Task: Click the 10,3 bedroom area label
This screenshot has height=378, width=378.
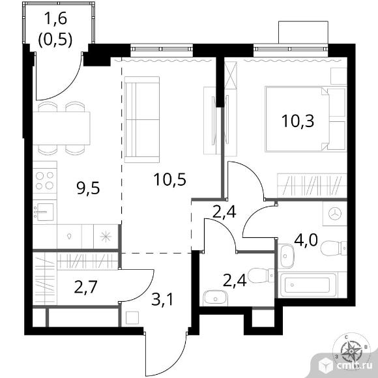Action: click(298, 121)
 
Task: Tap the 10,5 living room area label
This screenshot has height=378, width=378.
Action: click(170, 179)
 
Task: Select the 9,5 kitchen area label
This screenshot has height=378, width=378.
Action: click(88, 188)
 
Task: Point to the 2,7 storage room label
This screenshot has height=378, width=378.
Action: click(85, 287)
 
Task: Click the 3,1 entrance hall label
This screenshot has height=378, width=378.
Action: click(162, 300)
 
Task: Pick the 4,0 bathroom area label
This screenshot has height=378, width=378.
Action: click(306, 240)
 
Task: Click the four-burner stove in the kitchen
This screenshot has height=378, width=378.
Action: click(45, 181)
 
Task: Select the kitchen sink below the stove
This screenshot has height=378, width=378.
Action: click(44, 212)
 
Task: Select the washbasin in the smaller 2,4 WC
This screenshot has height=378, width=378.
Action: click(215, 298)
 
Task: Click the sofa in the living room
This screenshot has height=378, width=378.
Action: click(142, 119)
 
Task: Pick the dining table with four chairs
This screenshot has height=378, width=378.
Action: click(61, 128)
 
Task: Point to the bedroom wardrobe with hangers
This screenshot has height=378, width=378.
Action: click(312, 185)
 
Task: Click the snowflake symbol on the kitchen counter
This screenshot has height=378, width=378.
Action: click(106, 237)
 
